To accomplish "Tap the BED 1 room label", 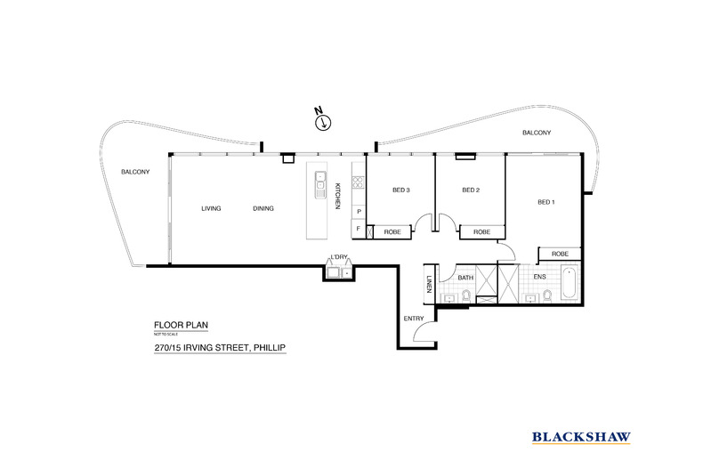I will point(546,202).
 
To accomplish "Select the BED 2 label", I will point(471,190).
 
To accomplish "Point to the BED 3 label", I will point(400,190).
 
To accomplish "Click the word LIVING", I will point(211,208).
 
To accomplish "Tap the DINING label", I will point(263,208).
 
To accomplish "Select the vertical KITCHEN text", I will point(338,197).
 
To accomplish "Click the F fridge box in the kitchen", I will point(358,230).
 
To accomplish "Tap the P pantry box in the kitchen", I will point(358,212).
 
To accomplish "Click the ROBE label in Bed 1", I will point(559,254).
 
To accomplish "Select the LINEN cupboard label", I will point(429,285).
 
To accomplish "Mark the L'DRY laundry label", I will point(338,258).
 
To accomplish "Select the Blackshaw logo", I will point(582,436).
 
